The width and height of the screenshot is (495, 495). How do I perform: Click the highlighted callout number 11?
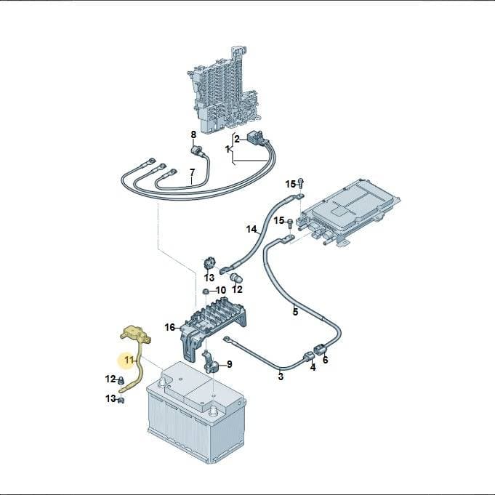coord(129,360)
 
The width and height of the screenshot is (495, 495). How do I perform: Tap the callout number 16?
coord(170,327)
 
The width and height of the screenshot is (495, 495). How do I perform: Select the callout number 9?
coord(230,364)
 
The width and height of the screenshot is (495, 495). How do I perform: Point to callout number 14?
coord(251,229)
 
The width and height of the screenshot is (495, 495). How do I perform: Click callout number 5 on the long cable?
coord(295,312)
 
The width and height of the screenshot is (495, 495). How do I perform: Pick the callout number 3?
coord(281,377)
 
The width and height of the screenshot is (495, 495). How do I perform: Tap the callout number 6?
coord(326,360)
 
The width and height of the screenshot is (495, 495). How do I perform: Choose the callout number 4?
coord(313,368)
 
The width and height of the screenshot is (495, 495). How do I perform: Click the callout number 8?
coord(193,134)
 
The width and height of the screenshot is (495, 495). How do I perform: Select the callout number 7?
coord(192,173)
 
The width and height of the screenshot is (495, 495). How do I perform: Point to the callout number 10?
coord(221,290)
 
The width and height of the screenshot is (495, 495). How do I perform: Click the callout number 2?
coord(237,139)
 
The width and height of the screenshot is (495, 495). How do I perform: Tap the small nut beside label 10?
coord(206,291)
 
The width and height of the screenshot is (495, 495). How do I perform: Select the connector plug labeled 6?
coord(321,350)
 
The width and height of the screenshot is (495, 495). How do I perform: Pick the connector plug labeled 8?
coord(198,150)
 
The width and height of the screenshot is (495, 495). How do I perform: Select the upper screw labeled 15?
coord(300,182)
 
